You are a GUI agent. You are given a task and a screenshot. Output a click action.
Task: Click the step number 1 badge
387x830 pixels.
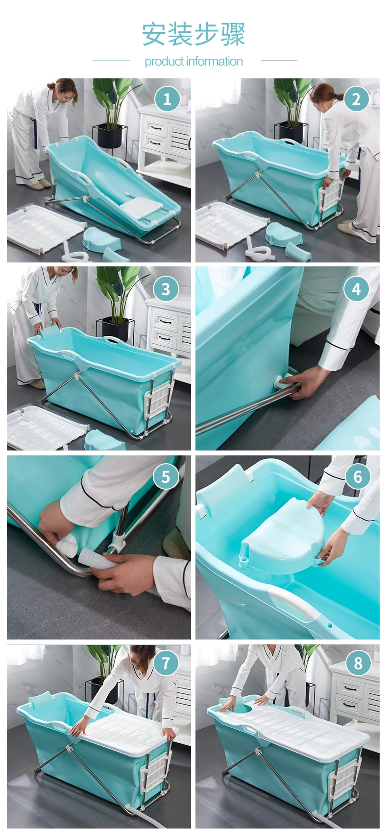pos(167,99)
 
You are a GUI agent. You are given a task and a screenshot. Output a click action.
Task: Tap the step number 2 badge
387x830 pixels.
pos(356,99)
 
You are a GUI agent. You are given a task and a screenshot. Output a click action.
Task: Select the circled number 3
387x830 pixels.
pos(166,288)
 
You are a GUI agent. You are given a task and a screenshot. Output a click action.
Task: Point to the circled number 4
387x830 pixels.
pos(356,288)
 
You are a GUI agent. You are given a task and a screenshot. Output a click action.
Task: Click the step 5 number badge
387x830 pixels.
pos(166,477)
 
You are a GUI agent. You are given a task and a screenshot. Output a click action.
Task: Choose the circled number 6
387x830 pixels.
pos(358,477)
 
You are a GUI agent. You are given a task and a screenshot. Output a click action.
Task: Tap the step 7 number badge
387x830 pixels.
pos(166,663)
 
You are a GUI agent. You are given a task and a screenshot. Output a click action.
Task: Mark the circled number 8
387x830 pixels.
pos(358,663)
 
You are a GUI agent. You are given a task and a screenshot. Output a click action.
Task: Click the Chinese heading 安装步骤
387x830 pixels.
pos(194,34)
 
